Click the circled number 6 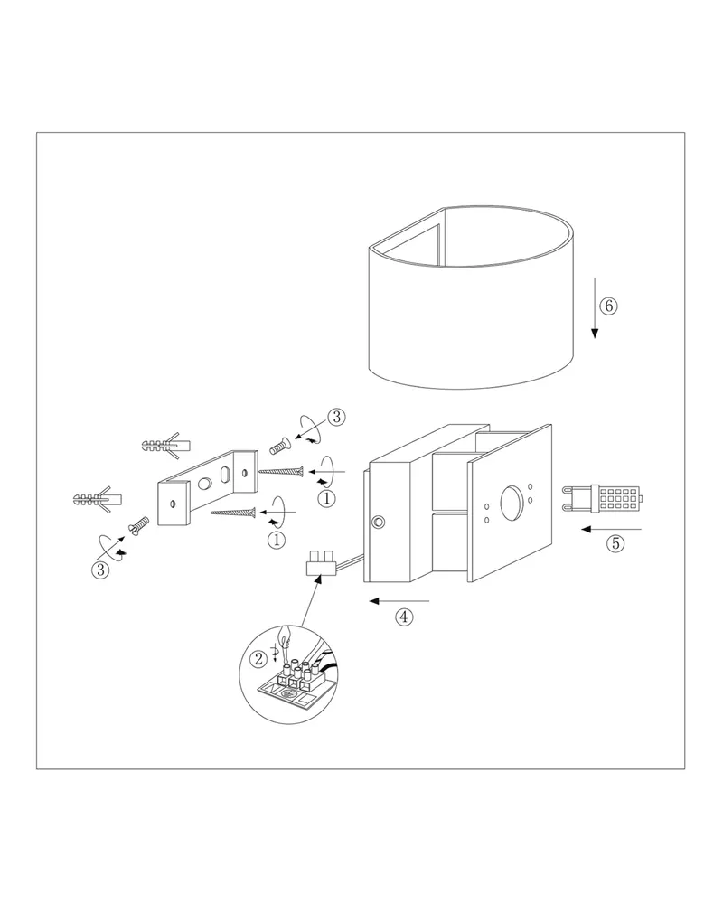coord(607,306)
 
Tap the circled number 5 coord(615,543)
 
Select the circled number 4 coord(404,617)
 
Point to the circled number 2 coord(258,658)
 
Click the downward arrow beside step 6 coord(595,308)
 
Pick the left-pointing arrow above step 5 coord(611,529)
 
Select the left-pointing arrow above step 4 coord(399,601)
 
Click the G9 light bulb coord(602,498)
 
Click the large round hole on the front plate coord(512,502)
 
